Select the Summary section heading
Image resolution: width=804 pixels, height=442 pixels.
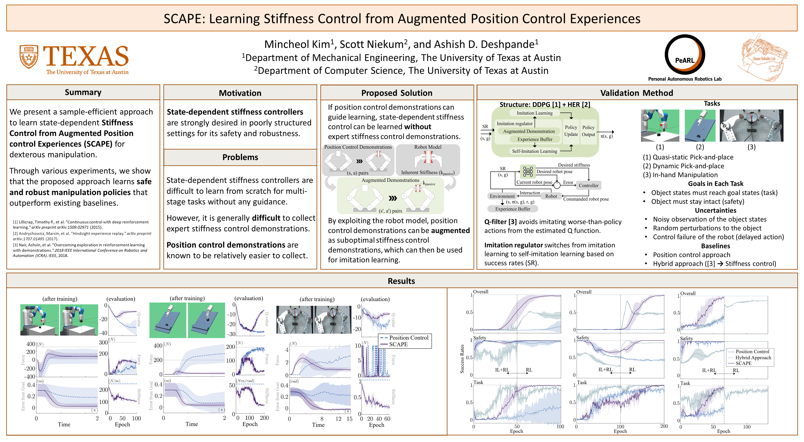(83, 92)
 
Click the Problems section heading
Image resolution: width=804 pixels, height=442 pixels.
(240, 157)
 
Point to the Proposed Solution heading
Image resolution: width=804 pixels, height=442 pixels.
(397, 93)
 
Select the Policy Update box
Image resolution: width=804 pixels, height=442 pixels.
(571, 131)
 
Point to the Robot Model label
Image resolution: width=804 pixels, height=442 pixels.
(428, 147)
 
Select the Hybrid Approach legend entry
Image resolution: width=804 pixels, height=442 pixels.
(753, 357)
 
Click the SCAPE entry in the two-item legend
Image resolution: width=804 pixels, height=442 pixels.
(398, 344)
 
